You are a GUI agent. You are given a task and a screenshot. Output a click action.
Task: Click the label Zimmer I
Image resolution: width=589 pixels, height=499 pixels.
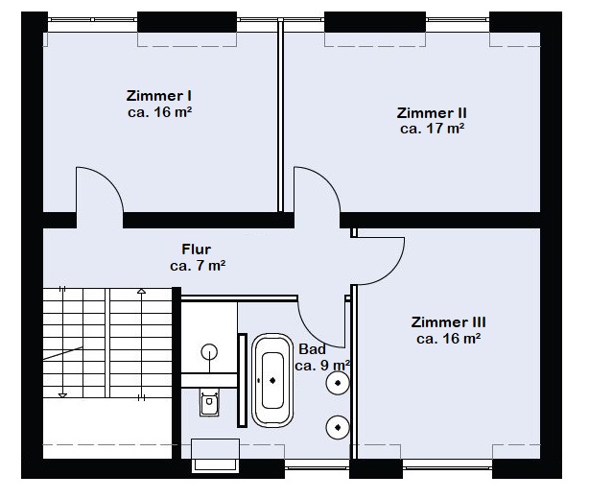(x=160, y=96)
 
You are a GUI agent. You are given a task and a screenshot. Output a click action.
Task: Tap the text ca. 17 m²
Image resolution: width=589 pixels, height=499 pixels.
(x=432, y=127)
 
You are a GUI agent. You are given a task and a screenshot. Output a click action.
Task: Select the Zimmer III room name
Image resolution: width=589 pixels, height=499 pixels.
(x=448, y=322)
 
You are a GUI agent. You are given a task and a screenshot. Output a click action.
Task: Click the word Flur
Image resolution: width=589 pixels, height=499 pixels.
(x=197, y=249)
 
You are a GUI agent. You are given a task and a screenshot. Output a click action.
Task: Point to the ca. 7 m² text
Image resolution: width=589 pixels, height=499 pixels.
(x=198, y=265)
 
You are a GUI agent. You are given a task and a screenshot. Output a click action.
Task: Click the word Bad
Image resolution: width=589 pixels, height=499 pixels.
(x=312, y=349)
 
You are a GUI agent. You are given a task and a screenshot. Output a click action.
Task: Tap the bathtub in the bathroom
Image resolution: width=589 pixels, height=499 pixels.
(x=272, y=380)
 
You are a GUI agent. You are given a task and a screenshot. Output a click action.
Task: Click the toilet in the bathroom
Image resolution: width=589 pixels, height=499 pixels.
(x=209, y=403)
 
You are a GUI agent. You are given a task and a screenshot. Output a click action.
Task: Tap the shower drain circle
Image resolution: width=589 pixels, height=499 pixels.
(x=209, y=352)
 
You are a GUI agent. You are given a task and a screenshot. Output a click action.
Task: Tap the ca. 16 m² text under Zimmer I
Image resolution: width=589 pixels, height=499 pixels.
(x=160, y=111)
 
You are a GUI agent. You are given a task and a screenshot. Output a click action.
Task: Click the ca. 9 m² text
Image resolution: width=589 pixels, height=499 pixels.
(x=322, y=366)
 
